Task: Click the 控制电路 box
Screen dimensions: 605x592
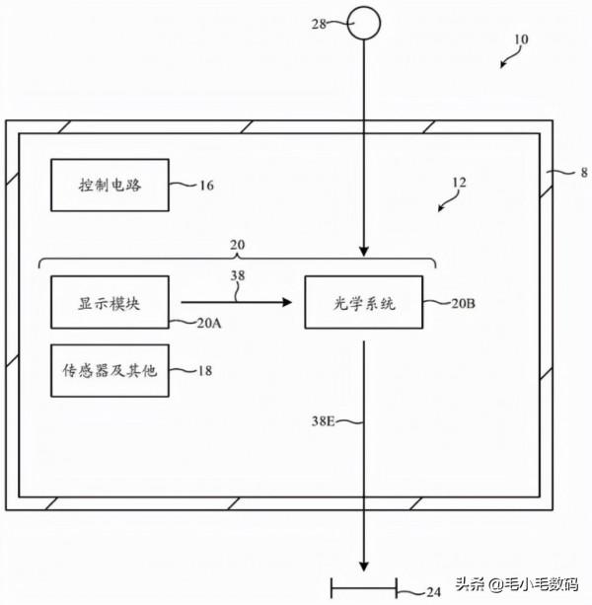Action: pyautogui.click(x=110, y=184)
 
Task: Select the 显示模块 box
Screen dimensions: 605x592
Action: pyautogui.click(x=110, y=302)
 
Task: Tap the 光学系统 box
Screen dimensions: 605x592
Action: pyautogui.click(x=364, y=303)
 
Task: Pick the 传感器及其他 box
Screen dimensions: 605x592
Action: pyautogui.click(x=110, y=370)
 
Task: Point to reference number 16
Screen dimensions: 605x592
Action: pyautogui.click(x=206, y=185)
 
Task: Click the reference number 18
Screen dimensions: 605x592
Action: pyautogui.click(x=206, y=371)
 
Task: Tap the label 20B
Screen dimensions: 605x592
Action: pyautogui.click(x=465, y=304)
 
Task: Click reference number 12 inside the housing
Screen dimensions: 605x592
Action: pyautogui.click(x=459, y=183)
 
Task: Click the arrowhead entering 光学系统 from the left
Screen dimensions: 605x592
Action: pyautogui.click(x=287, y=302)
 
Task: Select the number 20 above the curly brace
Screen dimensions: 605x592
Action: pyautogui.click(x=238, y=244)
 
